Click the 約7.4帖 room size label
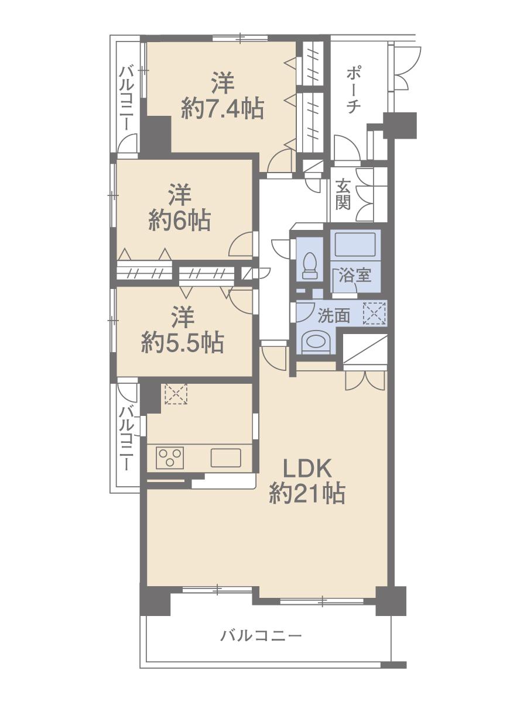coord(221,109)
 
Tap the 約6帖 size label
coord(179,221)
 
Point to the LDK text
coord(308,468)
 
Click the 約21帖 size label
coord(307,494)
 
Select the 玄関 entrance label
coord(343,195)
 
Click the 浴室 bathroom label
coord(355,275)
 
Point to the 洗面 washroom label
coord(334,316)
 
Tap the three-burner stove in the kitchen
coord(170,457)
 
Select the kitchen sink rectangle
coord(225,457)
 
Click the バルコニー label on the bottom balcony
coord(261,635)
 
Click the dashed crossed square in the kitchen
coord(174,394)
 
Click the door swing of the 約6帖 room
coord(242,245)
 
